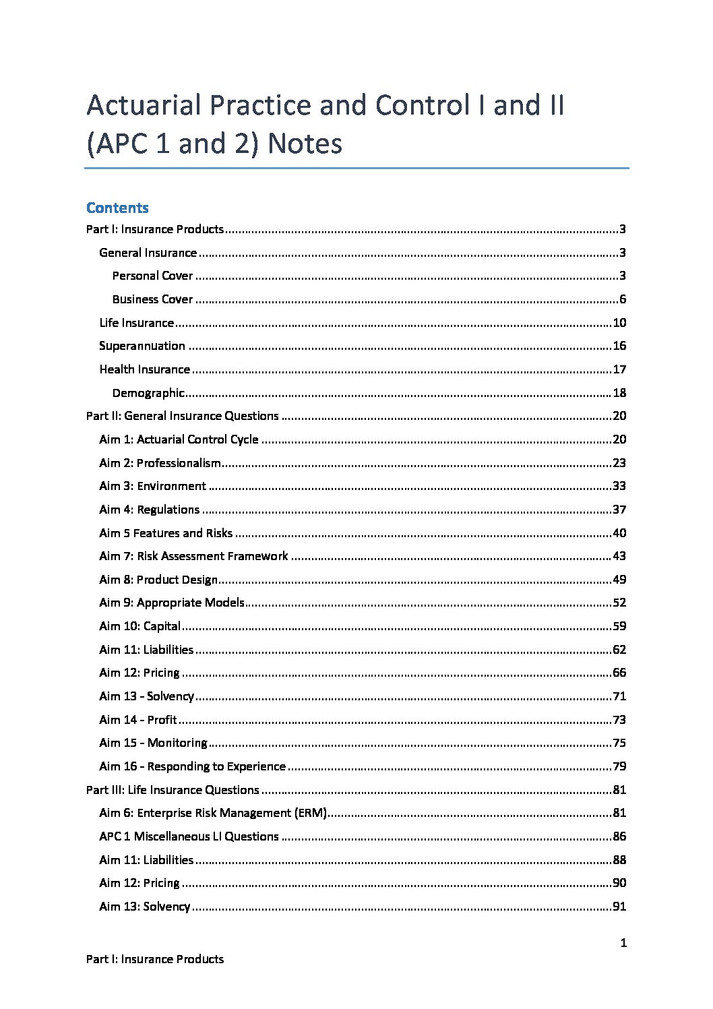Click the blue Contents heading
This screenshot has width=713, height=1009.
tap(117, 208)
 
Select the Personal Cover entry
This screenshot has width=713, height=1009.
tap(152, 276)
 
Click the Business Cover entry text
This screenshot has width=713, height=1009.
tap(152, 299)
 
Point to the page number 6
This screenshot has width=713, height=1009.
tap(623, 299)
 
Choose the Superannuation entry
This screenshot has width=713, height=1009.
tap(142, 346)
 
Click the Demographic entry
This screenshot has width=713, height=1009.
tap(148, 393)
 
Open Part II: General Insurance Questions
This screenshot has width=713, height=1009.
tap(182, 416)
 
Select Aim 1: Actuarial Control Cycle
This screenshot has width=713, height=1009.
tap(179, 439)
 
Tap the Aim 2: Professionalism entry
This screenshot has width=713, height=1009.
tap(160, 463)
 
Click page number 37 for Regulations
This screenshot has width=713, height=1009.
tap(619, 510)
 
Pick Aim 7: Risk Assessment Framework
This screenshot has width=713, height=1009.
tap(193, 556)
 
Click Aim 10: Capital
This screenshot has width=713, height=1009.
tap(139, 626)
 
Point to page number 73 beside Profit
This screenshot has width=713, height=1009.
tap(619, 720)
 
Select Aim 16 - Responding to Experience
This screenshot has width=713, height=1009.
tap(192, 766)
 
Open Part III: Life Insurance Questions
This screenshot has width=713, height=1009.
tap(173, 790)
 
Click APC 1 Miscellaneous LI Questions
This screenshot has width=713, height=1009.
tap(189, 836)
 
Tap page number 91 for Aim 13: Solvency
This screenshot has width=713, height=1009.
tap(619, 907)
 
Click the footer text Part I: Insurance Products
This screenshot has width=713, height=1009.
tap(155, 959)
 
